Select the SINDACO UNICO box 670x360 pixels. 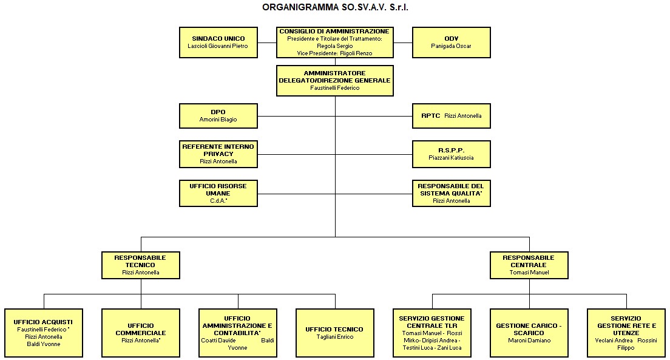pyautogui.click(x=218, y=42)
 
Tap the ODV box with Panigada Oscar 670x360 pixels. pyautogui.click(x=451, y=42)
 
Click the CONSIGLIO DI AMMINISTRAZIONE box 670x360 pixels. pyautogui.click(x=334, y=42)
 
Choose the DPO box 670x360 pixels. pyautogui.click(x=218, y=116)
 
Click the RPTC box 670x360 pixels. pyautogui.click(x=451, y=116)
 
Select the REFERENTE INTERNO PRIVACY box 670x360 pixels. pyautogui.click(x=218, y=154)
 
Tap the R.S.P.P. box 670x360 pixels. pyautogui.click(x=451, y=154)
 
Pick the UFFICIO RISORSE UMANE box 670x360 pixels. pyautogui.click(x=218, y=193)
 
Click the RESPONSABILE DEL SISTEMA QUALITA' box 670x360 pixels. pyautogui.click(x=451, y=193)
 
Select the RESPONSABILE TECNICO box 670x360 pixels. pyautogui.click(x=140, y=265)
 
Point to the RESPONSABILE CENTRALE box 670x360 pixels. pyautogui.click(x=529, y=265)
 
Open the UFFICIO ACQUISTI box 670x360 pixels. pyautogui.click(x=43, y=332)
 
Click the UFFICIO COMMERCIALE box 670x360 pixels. pyautogui.click(x=140, y=332)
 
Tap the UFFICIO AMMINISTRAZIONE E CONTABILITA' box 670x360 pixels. pyautogui.click(x=237, y=332)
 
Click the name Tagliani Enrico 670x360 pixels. pyautogui.click(x=334, y=337)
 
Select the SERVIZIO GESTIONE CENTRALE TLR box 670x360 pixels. pyautogui.click(x=431, y=332)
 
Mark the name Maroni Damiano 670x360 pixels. pyautogui.click(x=529, y=341)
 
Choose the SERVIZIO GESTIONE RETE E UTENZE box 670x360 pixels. pyautogui.click(x=626, y=332)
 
